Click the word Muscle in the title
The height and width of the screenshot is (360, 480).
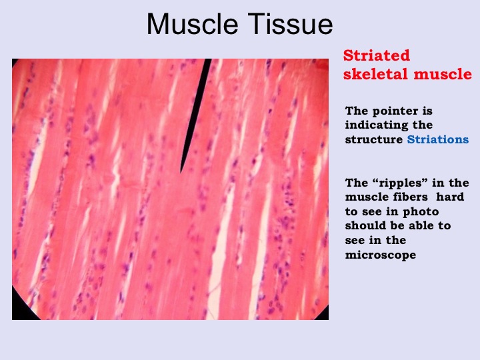click(x=192, y=24)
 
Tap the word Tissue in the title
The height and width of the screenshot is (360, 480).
click(x=291, y=24)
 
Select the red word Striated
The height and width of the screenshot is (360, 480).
click(x=376, y=55)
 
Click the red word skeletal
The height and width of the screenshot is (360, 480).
click(x=375, y=74)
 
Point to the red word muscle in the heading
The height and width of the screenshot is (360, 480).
click(x=443, y=75)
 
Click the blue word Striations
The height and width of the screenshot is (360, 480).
click(x=438, y=139)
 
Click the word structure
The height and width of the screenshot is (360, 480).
click(x=374, y=139)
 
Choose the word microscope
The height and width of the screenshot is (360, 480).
click(x=381, y=255)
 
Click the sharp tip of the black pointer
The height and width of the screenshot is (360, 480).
click(x=181, y=173)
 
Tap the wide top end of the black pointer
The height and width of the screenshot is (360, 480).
click(x=208, y=60)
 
